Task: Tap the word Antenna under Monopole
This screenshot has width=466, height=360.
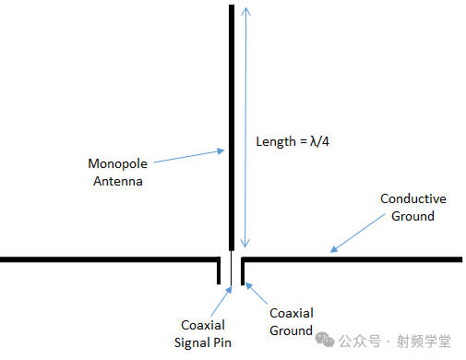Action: (118, 182)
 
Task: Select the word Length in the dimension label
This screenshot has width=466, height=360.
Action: (276, 142)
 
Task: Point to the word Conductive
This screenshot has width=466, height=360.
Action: (413, 199)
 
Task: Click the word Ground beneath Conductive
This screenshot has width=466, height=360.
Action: (413, 216)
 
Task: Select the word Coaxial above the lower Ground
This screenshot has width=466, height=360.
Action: (291, 313)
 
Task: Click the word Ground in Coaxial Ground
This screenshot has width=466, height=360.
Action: (291, 330)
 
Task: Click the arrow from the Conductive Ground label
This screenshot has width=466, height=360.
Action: (355, 234)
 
